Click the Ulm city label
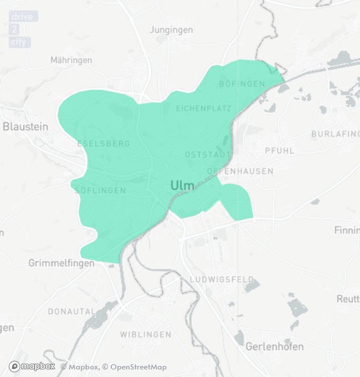click(x=183, y=186)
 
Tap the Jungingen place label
click(x=171, y=30)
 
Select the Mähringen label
click(x=71, y=60)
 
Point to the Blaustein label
click(x=26, y=126)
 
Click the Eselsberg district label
click(x=103, y=144)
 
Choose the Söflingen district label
click(x=100, y=190)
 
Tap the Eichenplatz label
click(x=203, y=108)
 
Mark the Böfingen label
click(x=242, y=84)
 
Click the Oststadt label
click(x=208, y=155)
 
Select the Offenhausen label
click(x=240, y=171)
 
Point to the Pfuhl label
click(x=279, y=151)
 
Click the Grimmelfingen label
click(x=61, y=263)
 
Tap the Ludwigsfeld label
click(x=222, y=280)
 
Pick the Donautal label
click(x=71, y=311)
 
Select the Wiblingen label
click(x=146, y=335)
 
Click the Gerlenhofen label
click(x=275, y=347)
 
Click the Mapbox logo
click(x=32, y=367)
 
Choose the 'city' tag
click(x=19, y=42)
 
